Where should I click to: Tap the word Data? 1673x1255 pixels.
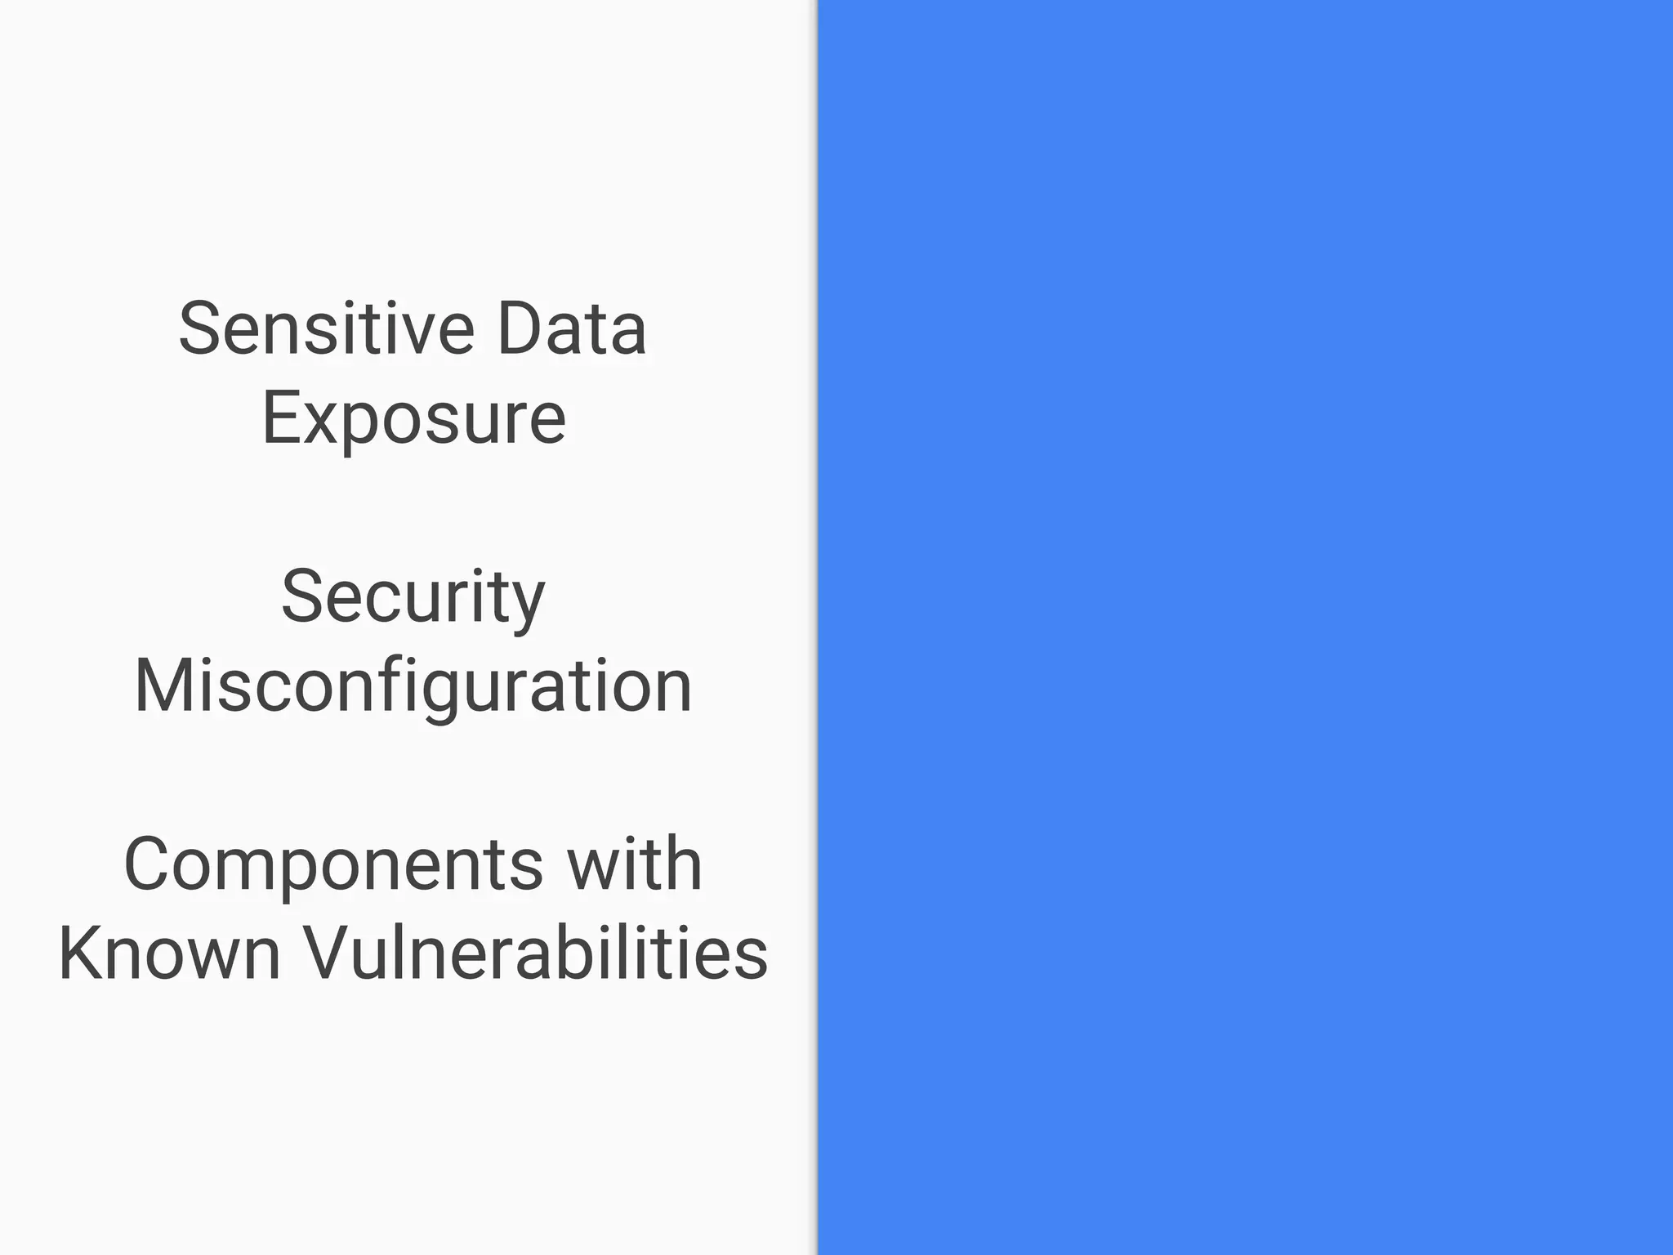tap(572, 328)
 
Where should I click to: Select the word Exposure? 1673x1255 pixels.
tap(413, 418)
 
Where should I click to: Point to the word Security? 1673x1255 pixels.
tap(413, 597)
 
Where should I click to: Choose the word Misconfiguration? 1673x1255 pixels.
tap(413, 686)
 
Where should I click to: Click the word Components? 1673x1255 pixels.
tap(333, 864)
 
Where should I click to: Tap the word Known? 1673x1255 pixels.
tap(170, 953)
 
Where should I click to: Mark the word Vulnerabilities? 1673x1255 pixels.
tap(536, 953)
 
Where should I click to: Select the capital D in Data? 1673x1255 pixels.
tap(520, 328)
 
